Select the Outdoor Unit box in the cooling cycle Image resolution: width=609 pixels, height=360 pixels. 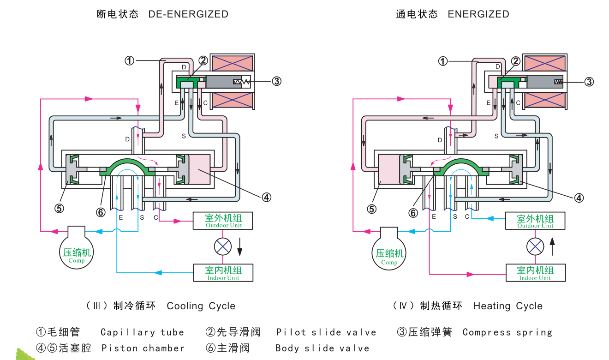[223, 220]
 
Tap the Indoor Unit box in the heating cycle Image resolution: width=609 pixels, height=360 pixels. [535, 272]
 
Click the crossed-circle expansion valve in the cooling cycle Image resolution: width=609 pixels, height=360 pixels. [223, 246]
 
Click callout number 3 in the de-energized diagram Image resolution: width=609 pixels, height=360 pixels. [276, 81]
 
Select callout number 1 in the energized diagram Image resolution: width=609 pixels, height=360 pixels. [442, 61]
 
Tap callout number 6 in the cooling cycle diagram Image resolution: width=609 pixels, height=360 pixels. [101, 212]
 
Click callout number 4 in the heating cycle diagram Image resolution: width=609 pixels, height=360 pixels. [579, 198]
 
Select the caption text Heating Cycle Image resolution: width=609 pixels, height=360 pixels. [507, 306]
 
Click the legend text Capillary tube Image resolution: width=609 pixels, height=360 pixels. [142, 332]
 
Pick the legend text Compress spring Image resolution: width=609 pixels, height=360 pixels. [507, 332]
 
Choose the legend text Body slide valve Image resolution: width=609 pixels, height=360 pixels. [322, 348]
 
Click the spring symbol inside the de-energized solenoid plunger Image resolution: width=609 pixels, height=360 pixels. [241, 82]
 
